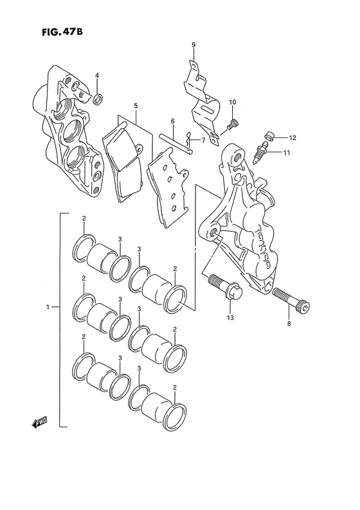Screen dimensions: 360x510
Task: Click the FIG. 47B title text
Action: click(x=62, y=32)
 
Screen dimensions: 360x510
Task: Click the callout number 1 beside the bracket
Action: click(x=48, y=307)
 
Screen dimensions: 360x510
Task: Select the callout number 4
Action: click(x=97, y=75)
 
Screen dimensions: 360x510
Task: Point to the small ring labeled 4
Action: click(x=98, y=99)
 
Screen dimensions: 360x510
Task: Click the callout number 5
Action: click(x=136, y=105)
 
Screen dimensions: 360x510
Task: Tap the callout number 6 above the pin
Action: click(x=172, y=121)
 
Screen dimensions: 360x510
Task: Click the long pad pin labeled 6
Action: click(x=175, y=143)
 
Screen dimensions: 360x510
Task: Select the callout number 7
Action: click(x=203, y=141)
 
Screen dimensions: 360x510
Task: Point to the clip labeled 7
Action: click(x=188, y=139)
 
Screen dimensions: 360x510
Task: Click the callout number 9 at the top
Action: click(x=194, y=45)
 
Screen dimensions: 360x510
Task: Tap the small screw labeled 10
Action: click(x=233, y=123)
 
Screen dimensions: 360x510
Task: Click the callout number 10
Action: click(x=233, y=102)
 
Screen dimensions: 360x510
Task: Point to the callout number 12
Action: click(x=292, y=138)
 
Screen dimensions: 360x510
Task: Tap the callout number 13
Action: click(x=230, y=317)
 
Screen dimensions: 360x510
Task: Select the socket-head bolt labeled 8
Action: click(x=291, y=299)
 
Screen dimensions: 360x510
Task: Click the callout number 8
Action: click(x=289, y=323)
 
